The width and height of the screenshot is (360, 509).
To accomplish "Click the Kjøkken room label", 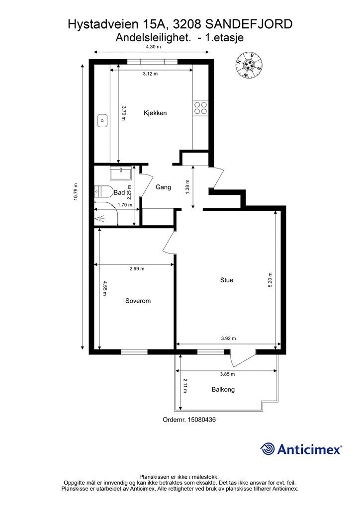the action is point(155,113).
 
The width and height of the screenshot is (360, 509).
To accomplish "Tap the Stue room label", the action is point(227,280).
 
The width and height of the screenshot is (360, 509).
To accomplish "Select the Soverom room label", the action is point(138,301).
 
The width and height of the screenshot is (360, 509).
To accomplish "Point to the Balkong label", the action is point(223,390).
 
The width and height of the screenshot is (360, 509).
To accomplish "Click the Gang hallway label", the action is point(163,187).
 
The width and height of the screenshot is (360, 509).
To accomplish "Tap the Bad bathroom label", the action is point(119,192).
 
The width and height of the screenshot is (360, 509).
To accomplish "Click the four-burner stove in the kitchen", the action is point(200,108).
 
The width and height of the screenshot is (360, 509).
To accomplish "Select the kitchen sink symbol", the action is point(102,120).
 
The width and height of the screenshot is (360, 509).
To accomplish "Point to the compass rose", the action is point(249,65).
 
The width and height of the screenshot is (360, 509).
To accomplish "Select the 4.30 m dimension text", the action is point(153,46).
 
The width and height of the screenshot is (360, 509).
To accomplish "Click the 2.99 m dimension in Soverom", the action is point(137,268).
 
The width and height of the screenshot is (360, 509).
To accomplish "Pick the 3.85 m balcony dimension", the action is point(227,374).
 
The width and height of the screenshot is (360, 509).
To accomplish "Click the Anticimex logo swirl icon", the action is point(268,449).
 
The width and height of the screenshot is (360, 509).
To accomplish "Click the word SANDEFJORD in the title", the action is point(249,24).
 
